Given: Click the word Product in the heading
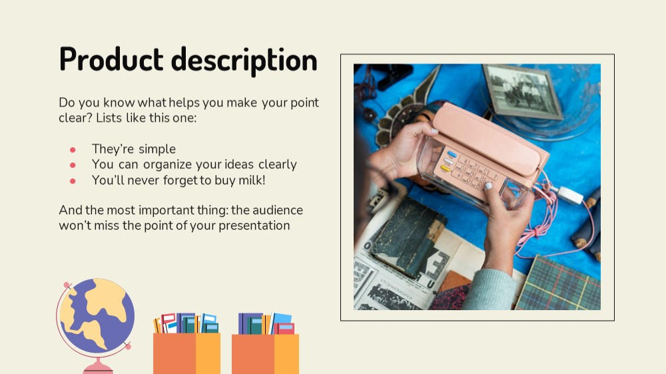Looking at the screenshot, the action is click(111, 59).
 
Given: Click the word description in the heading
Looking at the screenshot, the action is click(244, 61).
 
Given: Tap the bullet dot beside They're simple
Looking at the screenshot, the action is click(73, 150).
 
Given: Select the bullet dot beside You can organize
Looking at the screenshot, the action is click(73, 165).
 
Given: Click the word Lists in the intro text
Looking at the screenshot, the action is click(109, 118).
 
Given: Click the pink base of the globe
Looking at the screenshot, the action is click(98, 367).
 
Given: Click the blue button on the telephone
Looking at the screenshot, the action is click(452, 154).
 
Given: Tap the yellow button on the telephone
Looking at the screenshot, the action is click(445, 168).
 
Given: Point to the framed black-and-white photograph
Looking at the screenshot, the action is click(522, 91).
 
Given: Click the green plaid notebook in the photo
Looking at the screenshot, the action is click(559, 283).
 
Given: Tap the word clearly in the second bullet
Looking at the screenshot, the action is click(278, 165).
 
